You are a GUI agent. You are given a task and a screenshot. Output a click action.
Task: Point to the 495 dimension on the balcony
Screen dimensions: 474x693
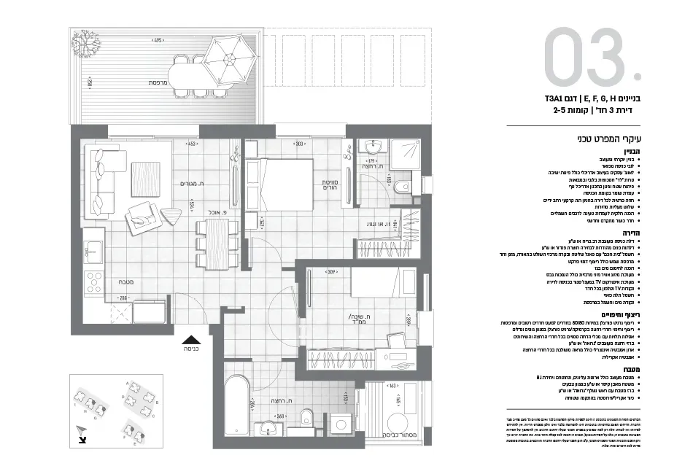157,41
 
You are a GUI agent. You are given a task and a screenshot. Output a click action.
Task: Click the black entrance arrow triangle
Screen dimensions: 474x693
190,338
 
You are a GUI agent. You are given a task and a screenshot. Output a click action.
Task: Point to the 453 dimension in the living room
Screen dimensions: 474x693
193,144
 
